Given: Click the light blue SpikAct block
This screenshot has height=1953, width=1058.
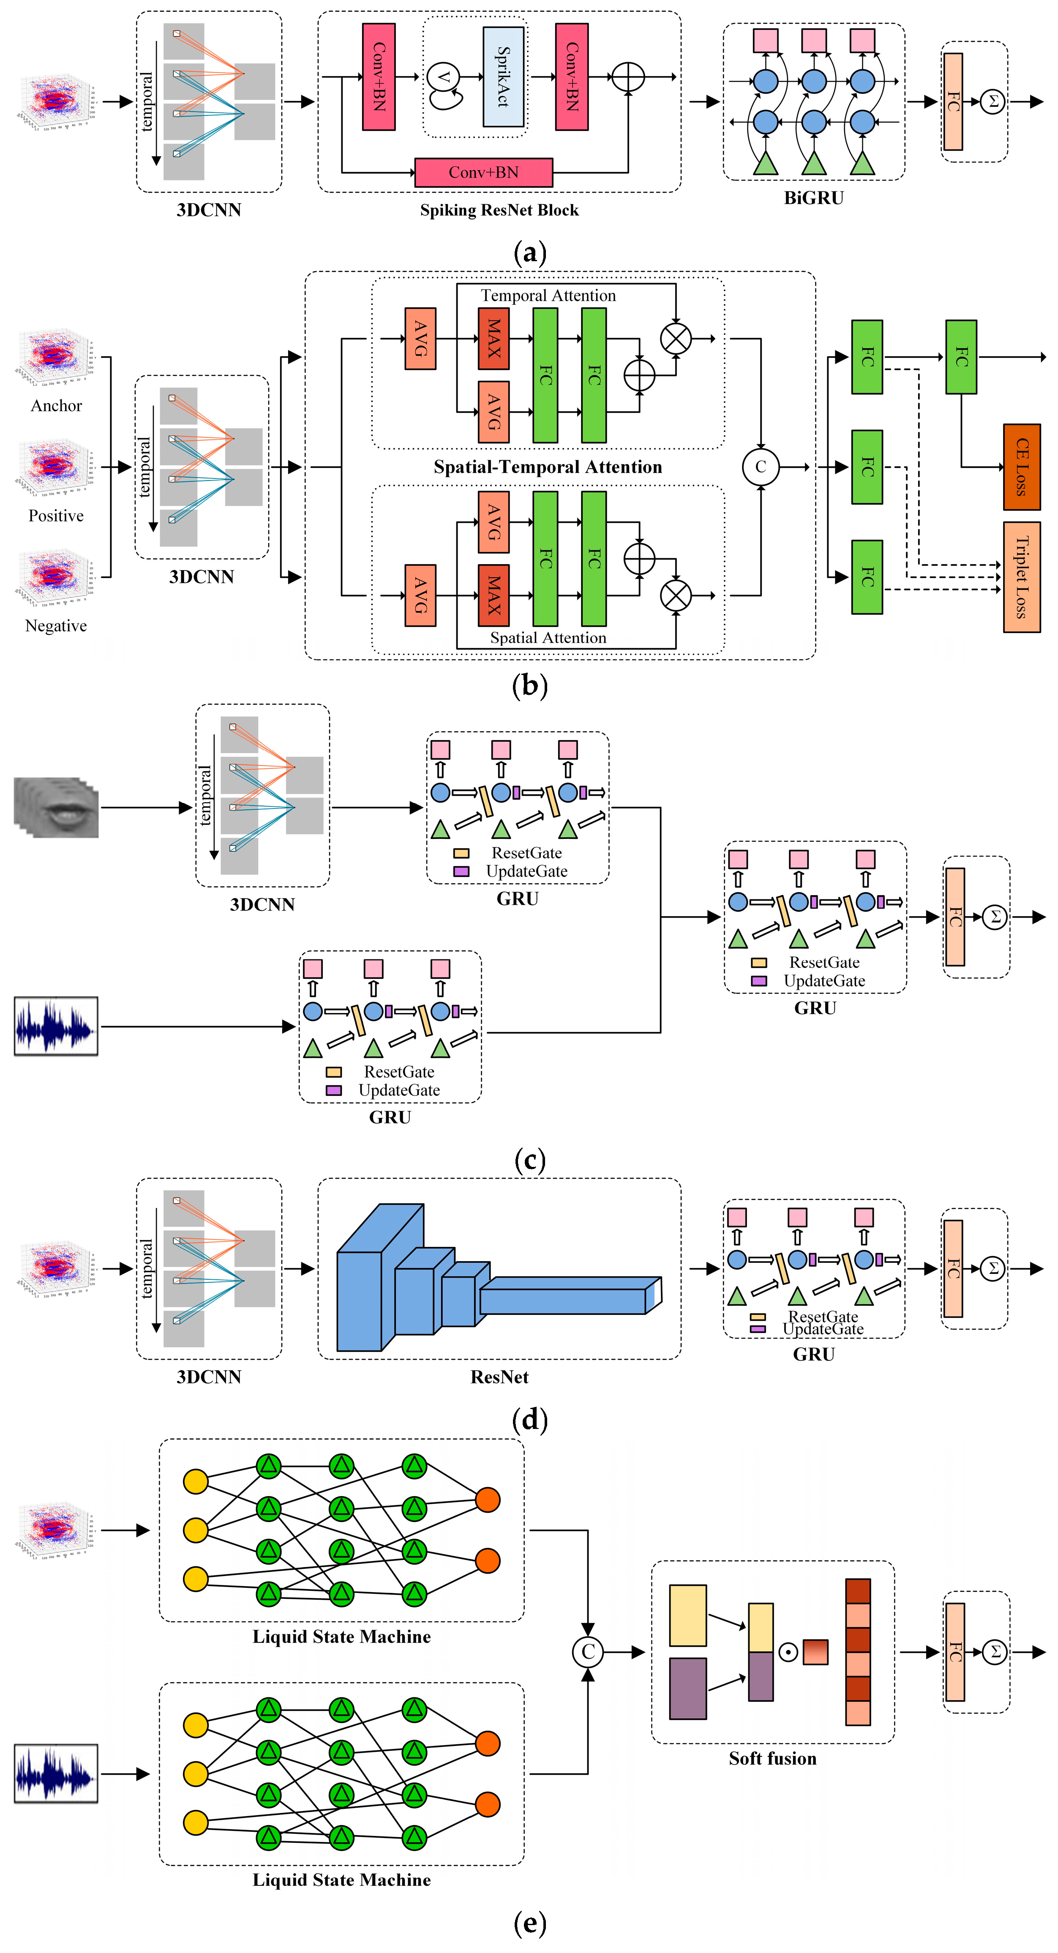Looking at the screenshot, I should pyautogui.click(x=503, y=76).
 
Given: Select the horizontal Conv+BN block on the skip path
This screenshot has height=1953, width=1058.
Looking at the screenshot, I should pyautogui.click(x=483, y=173).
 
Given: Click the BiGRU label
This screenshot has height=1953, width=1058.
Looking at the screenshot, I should pyautogui.click(x=813, y=198).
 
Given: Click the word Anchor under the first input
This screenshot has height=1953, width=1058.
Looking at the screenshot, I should pyautogui.click(x=56, y=406).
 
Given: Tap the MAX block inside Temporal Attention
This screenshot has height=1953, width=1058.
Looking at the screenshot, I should pyautogui.click(x=494, y=338).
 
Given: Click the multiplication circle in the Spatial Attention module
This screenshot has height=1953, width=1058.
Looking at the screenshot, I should pyautogui.click(x=675, y=595).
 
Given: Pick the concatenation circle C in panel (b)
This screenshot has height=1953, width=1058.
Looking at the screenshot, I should pyautogui.click(x=760, y=467).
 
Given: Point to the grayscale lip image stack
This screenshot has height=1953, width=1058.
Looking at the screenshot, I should pyautogui.click(x=56, y=807).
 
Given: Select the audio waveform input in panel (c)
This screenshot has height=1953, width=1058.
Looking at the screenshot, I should pyautogui.click(x=56, y=1027).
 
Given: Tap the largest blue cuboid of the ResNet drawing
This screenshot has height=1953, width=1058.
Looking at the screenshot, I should pyautogui.click(x=360, y=1300).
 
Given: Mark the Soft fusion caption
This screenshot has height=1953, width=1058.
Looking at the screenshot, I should pyautogui.click(x=772, y=1758).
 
